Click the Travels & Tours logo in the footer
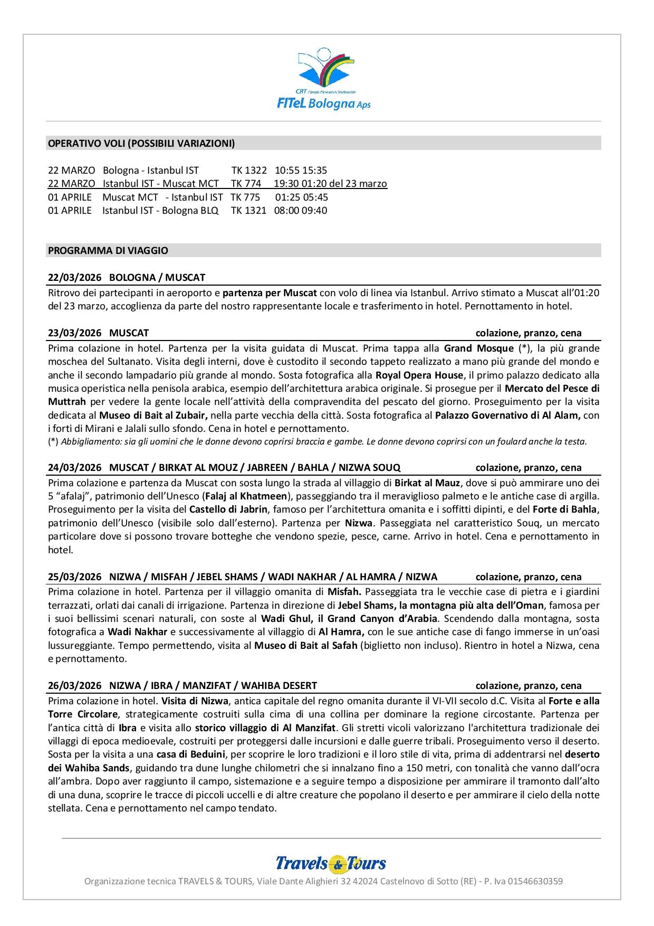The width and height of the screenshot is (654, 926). [331, 863]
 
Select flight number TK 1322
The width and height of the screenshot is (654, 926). [249, 170]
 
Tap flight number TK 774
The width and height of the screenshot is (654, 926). [246, 184]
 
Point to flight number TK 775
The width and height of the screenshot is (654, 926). [245, 197]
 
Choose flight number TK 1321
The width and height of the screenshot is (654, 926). [248, 210]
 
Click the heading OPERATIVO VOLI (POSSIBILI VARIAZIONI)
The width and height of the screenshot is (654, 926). [141, 143]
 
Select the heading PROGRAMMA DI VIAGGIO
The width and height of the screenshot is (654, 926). [108, 250]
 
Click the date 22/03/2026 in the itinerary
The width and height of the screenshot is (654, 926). [74, 277]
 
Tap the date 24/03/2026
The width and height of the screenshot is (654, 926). [74, 467]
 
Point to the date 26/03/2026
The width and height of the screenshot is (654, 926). [74, 685]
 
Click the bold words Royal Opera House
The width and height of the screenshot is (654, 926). [419, 375]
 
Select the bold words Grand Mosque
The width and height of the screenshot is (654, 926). [478, 348]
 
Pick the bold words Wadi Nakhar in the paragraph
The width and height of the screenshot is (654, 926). [137, 631]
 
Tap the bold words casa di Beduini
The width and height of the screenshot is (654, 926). [191, 754]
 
